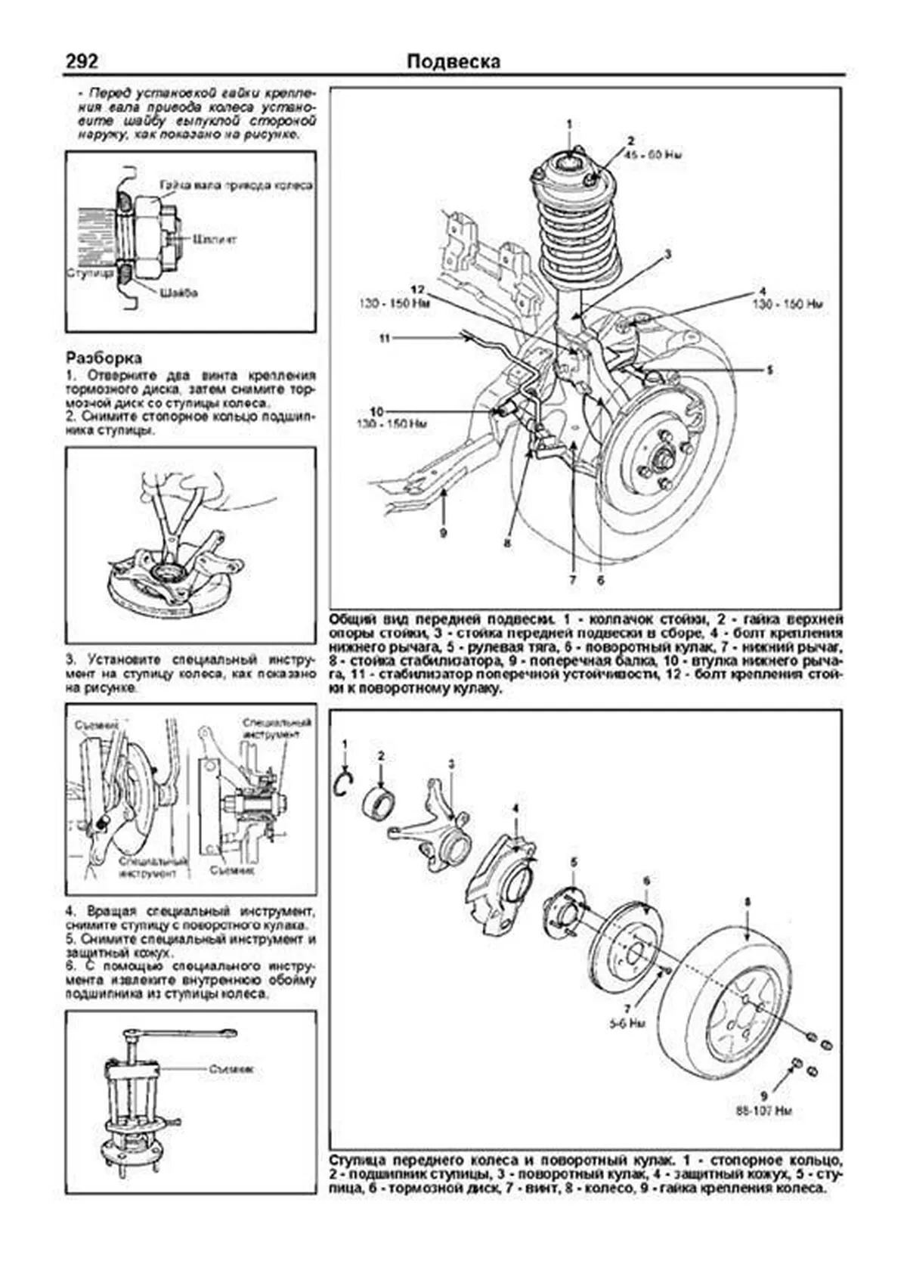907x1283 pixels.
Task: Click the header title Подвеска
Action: (x=453, y=61)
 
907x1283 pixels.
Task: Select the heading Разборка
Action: (x=104, y=358)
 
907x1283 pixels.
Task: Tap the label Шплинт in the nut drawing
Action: (x=215, y=239)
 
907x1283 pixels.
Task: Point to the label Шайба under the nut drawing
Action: (x=179, y=293)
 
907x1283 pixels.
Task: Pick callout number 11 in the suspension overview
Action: (x=383, y=339)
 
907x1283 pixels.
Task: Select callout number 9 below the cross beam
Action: (x=444, y=533)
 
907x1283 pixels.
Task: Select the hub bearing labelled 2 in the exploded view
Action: (x=379, y=801)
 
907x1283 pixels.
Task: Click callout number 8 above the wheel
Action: (x=748, y=902)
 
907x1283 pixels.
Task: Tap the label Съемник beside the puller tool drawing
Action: (x=231, y=1069)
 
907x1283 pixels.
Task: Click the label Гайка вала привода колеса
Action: (x=236, y=186)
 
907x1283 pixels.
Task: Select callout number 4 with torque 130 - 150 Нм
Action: (x=762, y=292)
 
